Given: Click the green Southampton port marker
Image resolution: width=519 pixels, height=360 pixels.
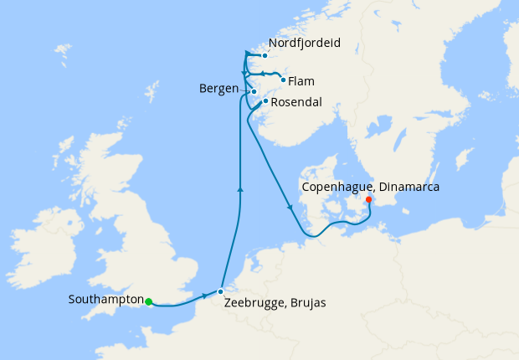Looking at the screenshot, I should pyautogui.click(x=148, y=301).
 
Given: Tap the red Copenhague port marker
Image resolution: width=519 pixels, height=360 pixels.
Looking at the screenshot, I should pyautogui.click(x=368, y=199).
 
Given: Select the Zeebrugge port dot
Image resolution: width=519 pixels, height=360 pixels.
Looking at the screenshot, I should pyautogui.click(x=220, y=291).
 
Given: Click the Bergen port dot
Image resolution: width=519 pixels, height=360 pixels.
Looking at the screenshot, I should pyautogui.click(x=254, y=91).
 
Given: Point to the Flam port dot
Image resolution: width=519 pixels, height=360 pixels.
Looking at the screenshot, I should pyautogui.click(x=283, y=80).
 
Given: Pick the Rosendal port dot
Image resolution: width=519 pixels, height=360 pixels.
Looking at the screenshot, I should pyautogui.click(x=265, y=101).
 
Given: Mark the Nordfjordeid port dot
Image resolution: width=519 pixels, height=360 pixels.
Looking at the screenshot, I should pyautogui.click(x=265, y=56).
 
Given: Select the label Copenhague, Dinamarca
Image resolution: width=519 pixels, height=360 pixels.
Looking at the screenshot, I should pyautogui.click(x=373, y=187).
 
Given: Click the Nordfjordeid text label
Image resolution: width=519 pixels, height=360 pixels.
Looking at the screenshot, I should pyautogui.click(x=306, y=43).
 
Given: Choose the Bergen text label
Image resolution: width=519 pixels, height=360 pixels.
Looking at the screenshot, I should pyautogui.click(x=219, y=89).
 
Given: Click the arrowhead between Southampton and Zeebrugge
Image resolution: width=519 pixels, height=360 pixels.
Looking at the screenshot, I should pyautogui.click(x=204, y=296).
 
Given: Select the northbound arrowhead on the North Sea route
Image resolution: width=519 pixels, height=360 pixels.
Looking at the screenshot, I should pyautogui.click(x=240, y=190).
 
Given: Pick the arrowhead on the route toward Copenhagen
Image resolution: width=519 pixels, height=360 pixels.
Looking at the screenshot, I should pyautogui.click(x=290, y=207).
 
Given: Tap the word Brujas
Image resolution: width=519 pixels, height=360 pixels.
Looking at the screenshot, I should pyautogui.click(x=304, y=303).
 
